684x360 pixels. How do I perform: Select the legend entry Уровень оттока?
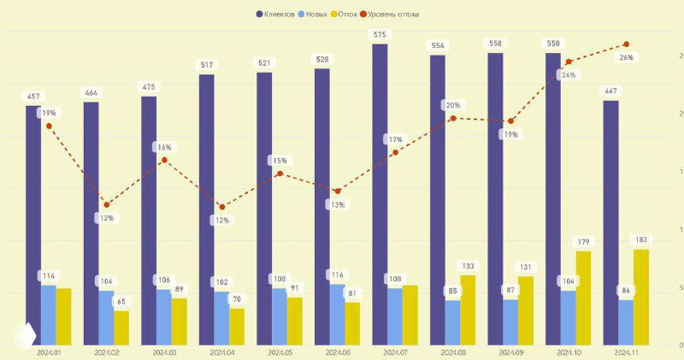point(389,14)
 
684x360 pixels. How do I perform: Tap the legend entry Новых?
point(315,14)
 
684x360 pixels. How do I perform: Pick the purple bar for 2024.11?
point(611,222)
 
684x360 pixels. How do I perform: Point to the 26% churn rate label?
point(626,58)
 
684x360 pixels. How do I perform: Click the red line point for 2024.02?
point(107,204)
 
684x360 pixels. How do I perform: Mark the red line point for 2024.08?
point(453,118)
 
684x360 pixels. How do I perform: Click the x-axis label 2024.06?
point(336,352)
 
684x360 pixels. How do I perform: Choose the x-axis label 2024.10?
point(569,352)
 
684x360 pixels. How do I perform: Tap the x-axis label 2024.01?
point(49,352)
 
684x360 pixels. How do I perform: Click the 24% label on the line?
point(568,75)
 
